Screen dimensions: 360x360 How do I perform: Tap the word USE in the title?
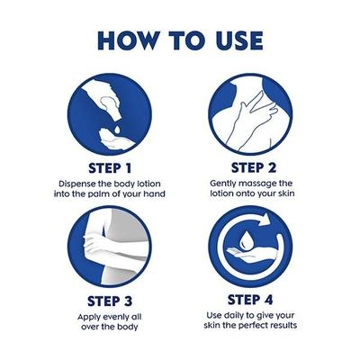pyautogui.click(x=239, y=40)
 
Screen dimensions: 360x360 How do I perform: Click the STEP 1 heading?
pyautogui.click(x=110, y=168)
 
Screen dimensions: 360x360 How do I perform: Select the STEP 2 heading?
pyautogui.click(x=254, y=167)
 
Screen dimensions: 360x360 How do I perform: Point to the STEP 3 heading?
pyautogui.click(x=110, y=301)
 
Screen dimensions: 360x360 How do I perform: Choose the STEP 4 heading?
pyautogui.click(x=250, y=300)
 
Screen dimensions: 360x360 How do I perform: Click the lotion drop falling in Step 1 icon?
pyautogui.click(x=117, y=130)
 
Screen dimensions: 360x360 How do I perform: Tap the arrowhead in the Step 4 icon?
pyautogui.click(x=264, y=220)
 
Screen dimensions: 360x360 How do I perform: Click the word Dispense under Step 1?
pyautogui.click(x=76, y=184)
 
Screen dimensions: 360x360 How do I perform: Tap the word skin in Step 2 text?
pyautogui.click(x=285, y=193)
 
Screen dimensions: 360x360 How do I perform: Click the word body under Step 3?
pyautogui.click(x=128, y=328)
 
